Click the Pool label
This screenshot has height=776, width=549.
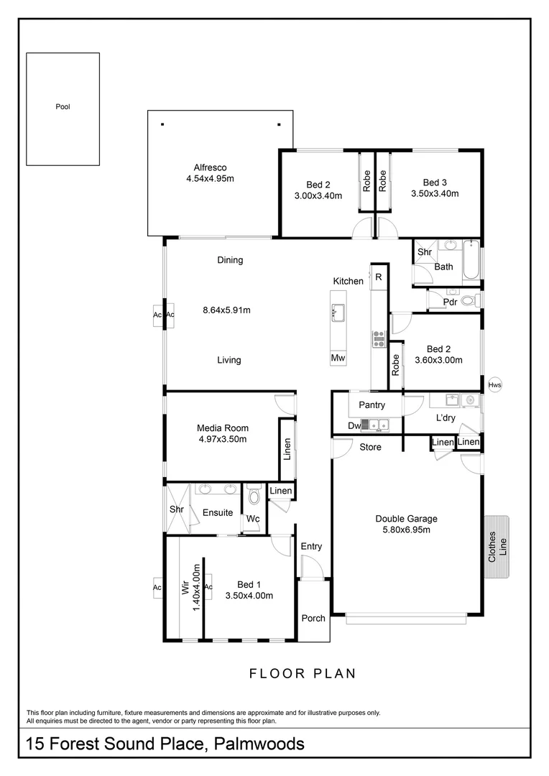(x=63, y=107)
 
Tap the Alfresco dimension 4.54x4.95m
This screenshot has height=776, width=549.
(x=210, y=179)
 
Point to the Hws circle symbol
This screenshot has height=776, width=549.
(x=494, y=385)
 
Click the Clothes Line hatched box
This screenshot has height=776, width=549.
(x=497, y=548)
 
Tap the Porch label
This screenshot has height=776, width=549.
(x=313, y=618)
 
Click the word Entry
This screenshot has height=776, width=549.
(x=311, y=547)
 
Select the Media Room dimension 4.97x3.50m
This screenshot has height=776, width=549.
(x=222, y=440)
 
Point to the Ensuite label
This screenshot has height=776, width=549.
(x=217, y=513)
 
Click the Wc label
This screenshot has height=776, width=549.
(x=253, y=519)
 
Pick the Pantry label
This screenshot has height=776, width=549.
(x=372, y=405)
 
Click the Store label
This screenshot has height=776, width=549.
(x=370, y=448)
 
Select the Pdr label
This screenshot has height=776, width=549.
(x=450, y=302)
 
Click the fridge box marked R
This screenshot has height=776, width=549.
(x=378, y=277)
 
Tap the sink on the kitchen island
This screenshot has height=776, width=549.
(x=337, y=312)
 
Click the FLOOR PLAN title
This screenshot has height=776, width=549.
(x=303, y=673)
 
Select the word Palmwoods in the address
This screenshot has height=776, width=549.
(x=259, y=744)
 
